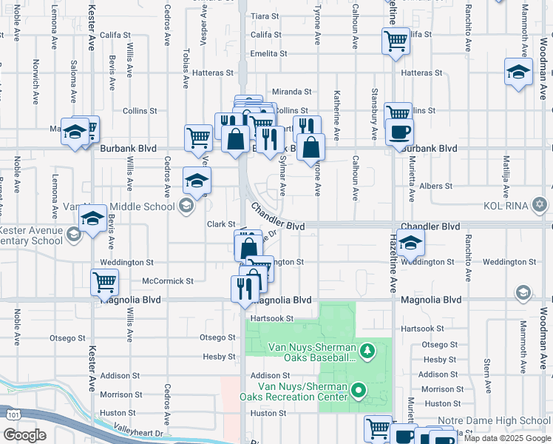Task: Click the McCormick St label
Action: point(167,281)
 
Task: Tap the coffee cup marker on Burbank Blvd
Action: point(399,132)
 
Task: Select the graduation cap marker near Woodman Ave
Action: point(519,72)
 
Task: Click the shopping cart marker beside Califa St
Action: point(396,41)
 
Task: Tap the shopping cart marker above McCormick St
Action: point(105,282)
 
